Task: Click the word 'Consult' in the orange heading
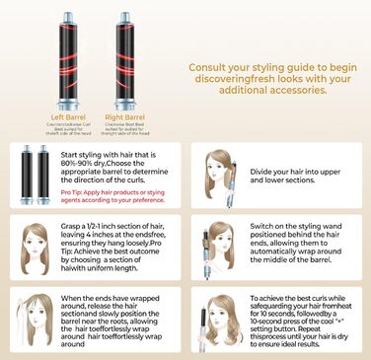[x=213, y=68]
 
